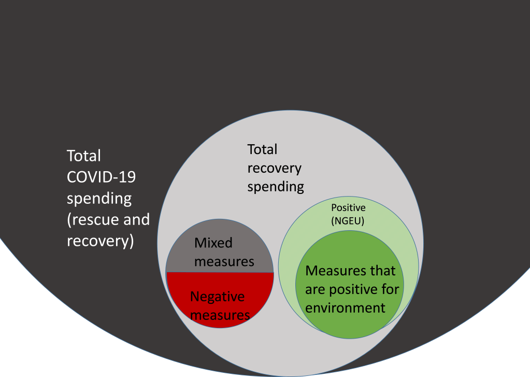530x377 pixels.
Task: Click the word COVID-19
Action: [101, 177]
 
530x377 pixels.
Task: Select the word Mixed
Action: [213, 243]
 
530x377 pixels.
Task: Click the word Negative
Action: [217, 297]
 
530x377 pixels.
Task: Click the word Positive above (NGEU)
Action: [348, 207]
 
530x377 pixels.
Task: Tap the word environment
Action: [345, 308]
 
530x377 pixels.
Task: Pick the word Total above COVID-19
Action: [84, 156]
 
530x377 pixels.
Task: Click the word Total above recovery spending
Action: [262, 149]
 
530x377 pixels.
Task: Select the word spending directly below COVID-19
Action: [99, 198]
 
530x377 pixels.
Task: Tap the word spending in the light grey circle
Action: [275, 187]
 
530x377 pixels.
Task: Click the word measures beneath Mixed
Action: [224, 261]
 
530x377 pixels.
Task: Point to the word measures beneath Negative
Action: [220, 315]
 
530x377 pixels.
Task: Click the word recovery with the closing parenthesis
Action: [100, 241]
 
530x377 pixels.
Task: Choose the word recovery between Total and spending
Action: [274, 168]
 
